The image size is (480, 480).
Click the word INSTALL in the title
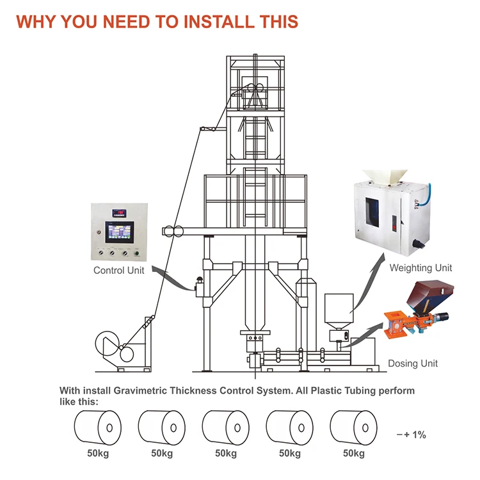[211, 20]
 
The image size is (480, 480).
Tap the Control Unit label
[119, 270]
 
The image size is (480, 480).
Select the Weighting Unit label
[421, 268]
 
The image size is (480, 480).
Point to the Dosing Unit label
[413, 364]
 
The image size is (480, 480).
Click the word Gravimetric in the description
[142, 390]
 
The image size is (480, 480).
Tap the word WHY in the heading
[36, 20]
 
